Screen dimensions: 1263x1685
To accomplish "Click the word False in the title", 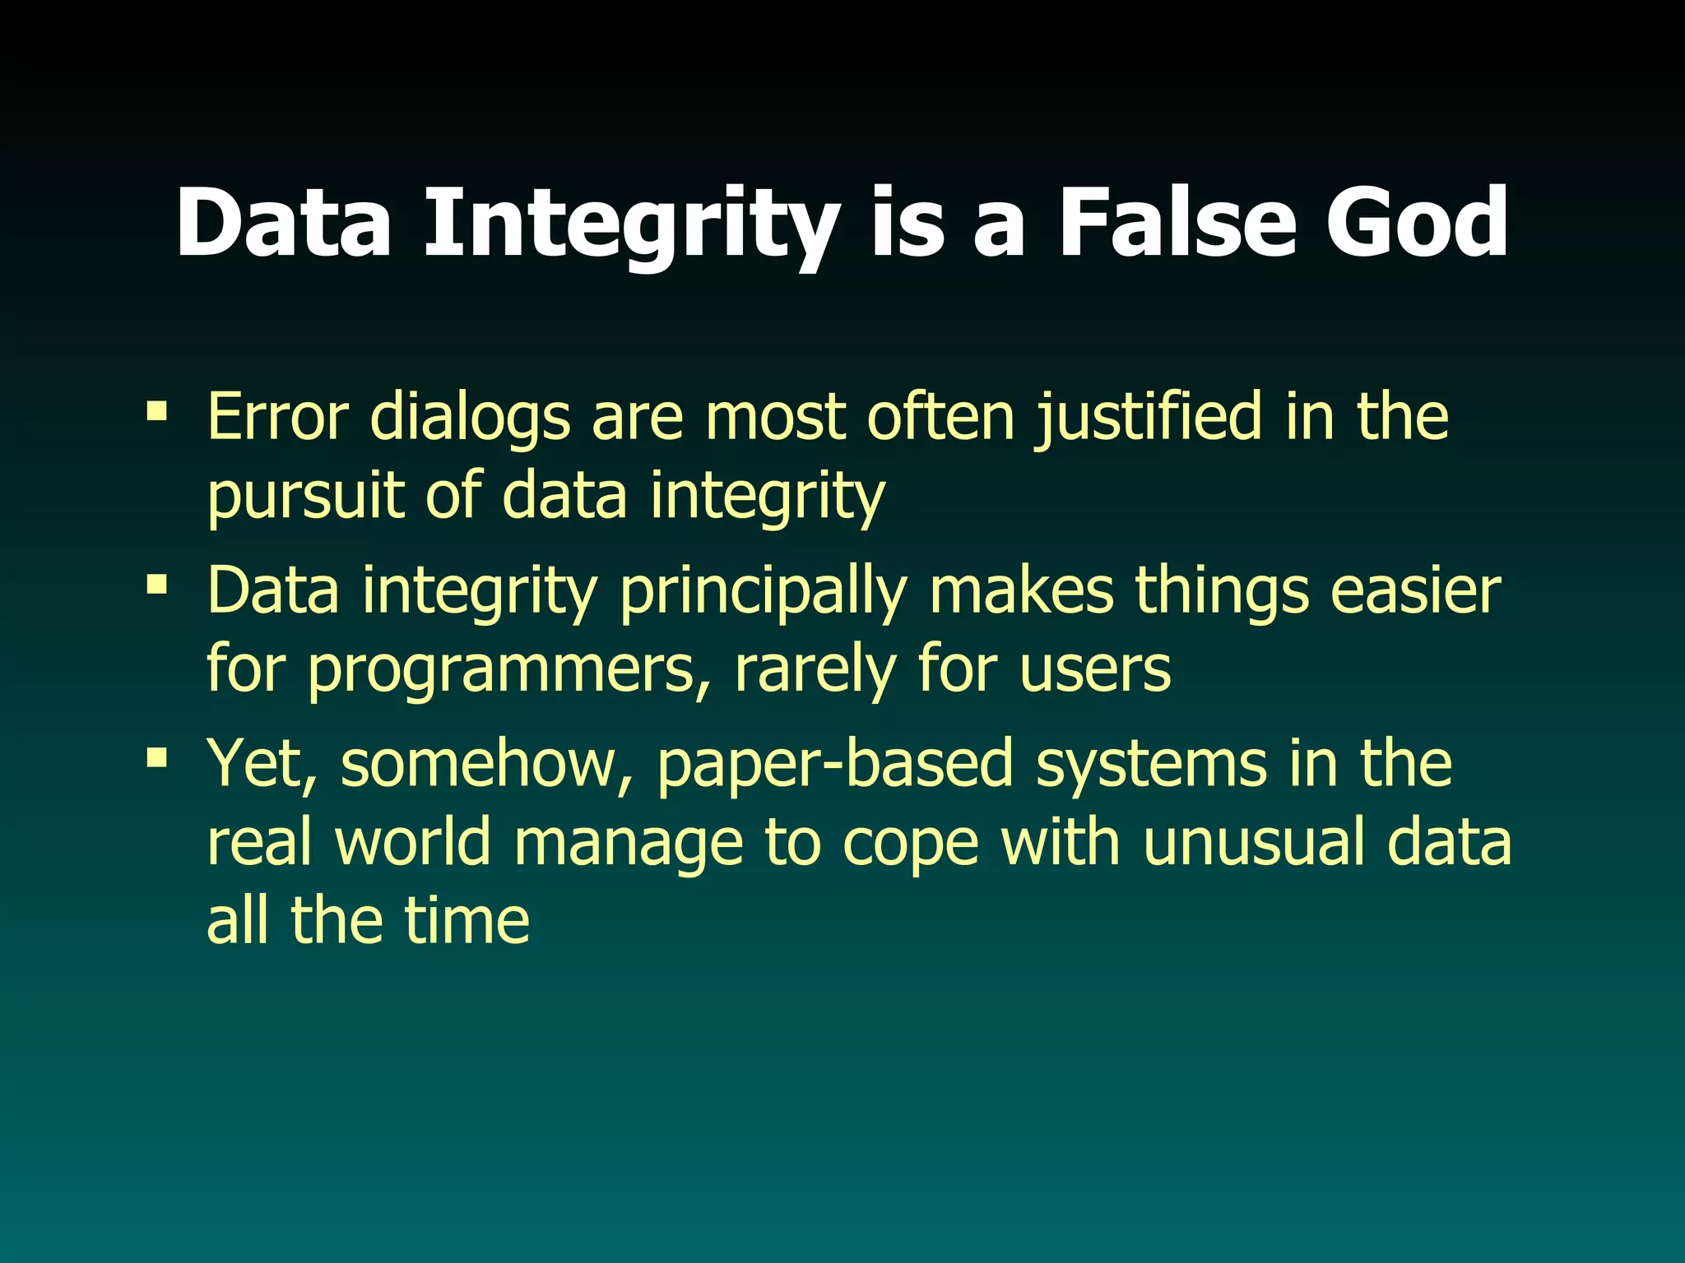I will [1179, 222].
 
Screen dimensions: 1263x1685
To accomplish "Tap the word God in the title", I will [1416, 222].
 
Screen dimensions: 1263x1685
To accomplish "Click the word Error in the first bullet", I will [278, 417].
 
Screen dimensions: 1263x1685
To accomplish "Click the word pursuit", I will [306, 497].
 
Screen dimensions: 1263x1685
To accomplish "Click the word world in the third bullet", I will [412, 842].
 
